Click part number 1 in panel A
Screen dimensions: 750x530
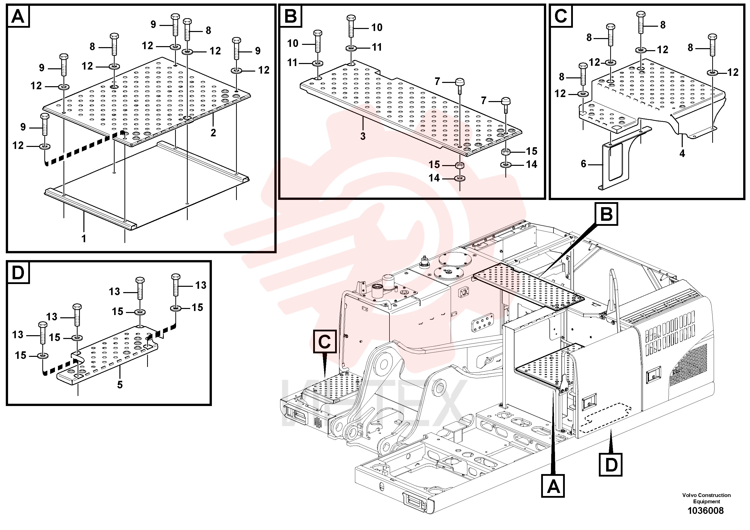[x=84, y=238]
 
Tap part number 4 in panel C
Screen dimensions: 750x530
[x=682, y=153]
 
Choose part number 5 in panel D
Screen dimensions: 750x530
[x=120, y=385]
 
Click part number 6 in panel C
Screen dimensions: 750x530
[x=583, y=164]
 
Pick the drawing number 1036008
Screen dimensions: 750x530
[x=706, y=510]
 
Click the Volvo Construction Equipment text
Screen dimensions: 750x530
[x=706, y=498]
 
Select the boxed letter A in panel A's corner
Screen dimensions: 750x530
[x=18, y=16]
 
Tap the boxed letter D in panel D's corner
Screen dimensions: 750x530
[x=18, y=272]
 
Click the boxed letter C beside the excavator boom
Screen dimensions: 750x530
[x=325, y=342]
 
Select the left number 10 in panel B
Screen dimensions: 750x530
[x=293, y=43]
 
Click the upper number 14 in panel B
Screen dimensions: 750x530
[x=532, y=164]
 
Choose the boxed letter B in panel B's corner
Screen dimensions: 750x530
[x=290, y=16]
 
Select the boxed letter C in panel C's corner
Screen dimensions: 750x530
[x=561, y=16]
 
